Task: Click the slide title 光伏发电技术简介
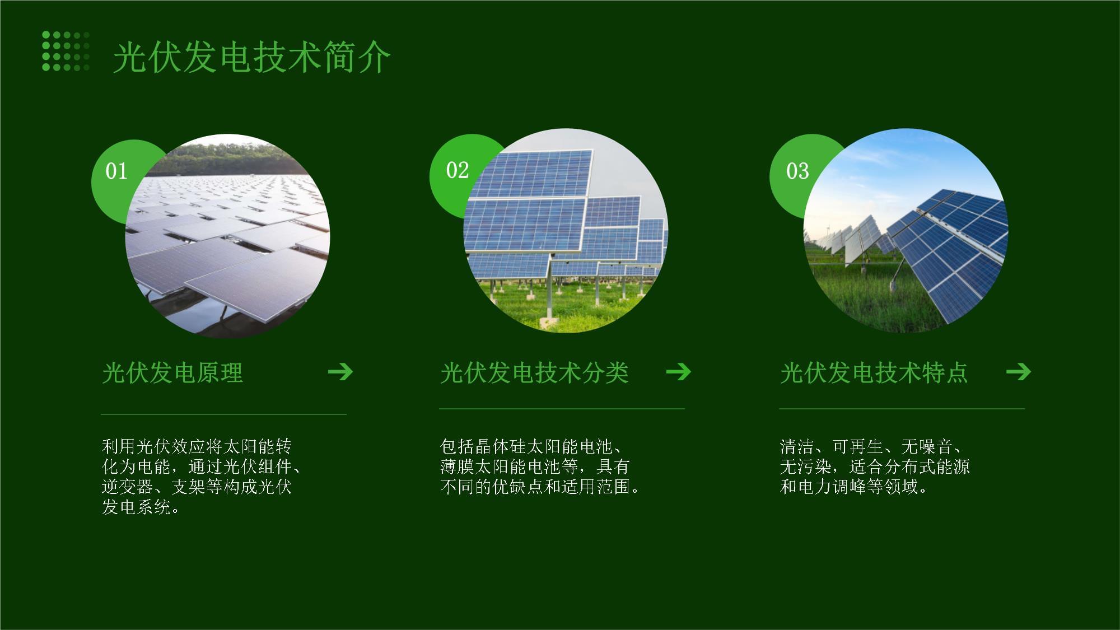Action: tap(251, 57)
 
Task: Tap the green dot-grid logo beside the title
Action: tap(66, 51)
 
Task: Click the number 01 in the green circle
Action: tap(116, 171)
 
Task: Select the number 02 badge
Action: tap(457, 170)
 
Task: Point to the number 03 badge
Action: tap(797, 171)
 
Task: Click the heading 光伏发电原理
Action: tap(172, 373)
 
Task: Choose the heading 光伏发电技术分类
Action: tap(534, 373)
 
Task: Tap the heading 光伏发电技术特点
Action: tap(874, 373)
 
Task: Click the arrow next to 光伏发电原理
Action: tap(340, 371)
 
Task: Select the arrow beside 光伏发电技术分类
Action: tap(679, 371)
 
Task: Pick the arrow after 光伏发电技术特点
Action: tap(1018, 371)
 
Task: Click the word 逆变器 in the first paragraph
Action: tap(127, 487)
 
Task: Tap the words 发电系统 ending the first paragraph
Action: tap(136, 507)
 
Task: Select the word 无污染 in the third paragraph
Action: tap(805, 466)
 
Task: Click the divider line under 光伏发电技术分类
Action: tap(562, 409)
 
